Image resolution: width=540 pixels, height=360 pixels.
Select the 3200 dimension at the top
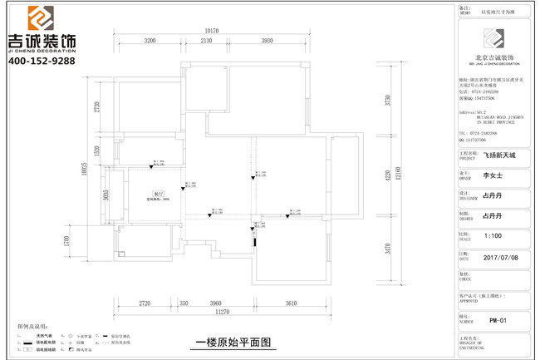point(150,40)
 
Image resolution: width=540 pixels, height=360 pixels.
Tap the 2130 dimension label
point(206,40)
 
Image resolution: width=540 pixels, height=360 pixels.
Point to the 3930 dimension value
point(267,40)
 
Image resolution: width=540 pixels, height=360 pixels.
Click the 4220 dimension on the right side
point(387,175)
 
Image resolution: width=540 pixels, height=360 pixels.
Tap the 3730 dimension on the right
point(387,101)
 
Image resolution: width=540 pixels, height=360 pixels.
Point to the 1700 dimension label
point(91,242)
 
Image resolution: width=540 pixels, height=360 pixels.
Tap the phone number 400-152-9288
point(42,61)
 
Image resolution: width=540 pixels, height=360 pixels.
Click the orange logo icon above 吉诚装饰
point(42,17)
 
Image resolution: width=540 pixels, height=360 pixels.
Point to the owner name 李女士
point(493,176)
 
